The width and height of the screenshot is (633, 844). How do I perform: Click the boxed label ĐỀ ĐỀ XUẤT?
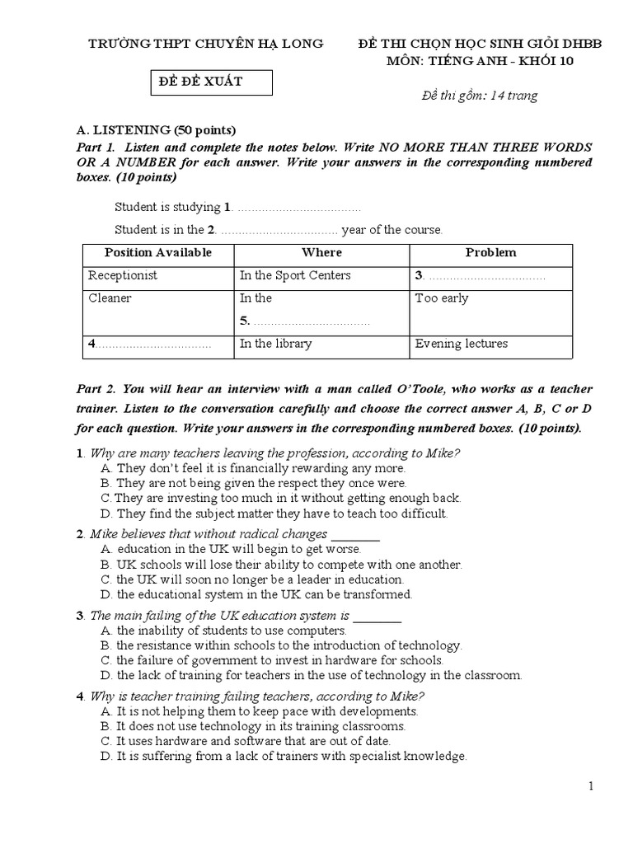pyautogui.click(x=200, y=82)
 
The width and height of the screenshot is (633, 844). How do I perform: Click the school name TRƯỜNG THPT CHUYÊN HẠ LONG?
pyautogui.click(x=206, y=43)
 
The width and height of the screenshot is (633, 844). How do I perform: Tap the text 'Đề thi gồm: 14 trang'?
pyautogui.click(x=478, y=96)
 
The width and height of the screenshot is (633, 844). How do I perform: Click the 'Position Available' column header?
pyautogui.click(x=158, y=252)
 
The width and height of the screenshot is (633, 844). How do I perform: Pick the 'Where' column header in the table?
pyautogui.click(x=321, y=252)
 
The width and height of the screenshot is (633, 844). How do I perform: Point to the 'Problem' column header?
pyautogui.click(x=490, y=252)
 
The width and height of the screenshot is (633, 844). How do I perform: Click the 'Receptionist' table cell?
pyautogui.click(x=123, y=275)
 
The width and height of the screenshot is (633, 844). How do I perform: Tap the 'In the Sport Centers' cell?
pyautogui.click(x=295, y=275)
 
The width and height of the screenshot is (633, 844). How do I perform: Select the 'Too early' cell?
pyautogui.click(x=442, y=298)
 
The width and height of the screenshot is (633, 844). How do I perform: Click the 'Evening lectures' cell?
pyautogui.click(x=462, y=344)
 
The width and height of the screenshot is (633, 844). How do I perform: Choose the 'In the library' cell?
pyautogui.click(x=275, y=344)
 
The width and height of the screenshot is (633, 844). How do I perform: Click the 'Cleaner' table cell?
pyautogui.click(x=110, y=298)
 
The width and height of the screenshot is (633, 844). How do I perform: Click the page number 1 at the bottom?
pyautogui.click(x=591, y=786)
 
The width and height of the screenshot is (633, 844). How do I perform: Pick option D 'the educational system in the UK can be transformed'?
pyautogui.click(x=256, y=593)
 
